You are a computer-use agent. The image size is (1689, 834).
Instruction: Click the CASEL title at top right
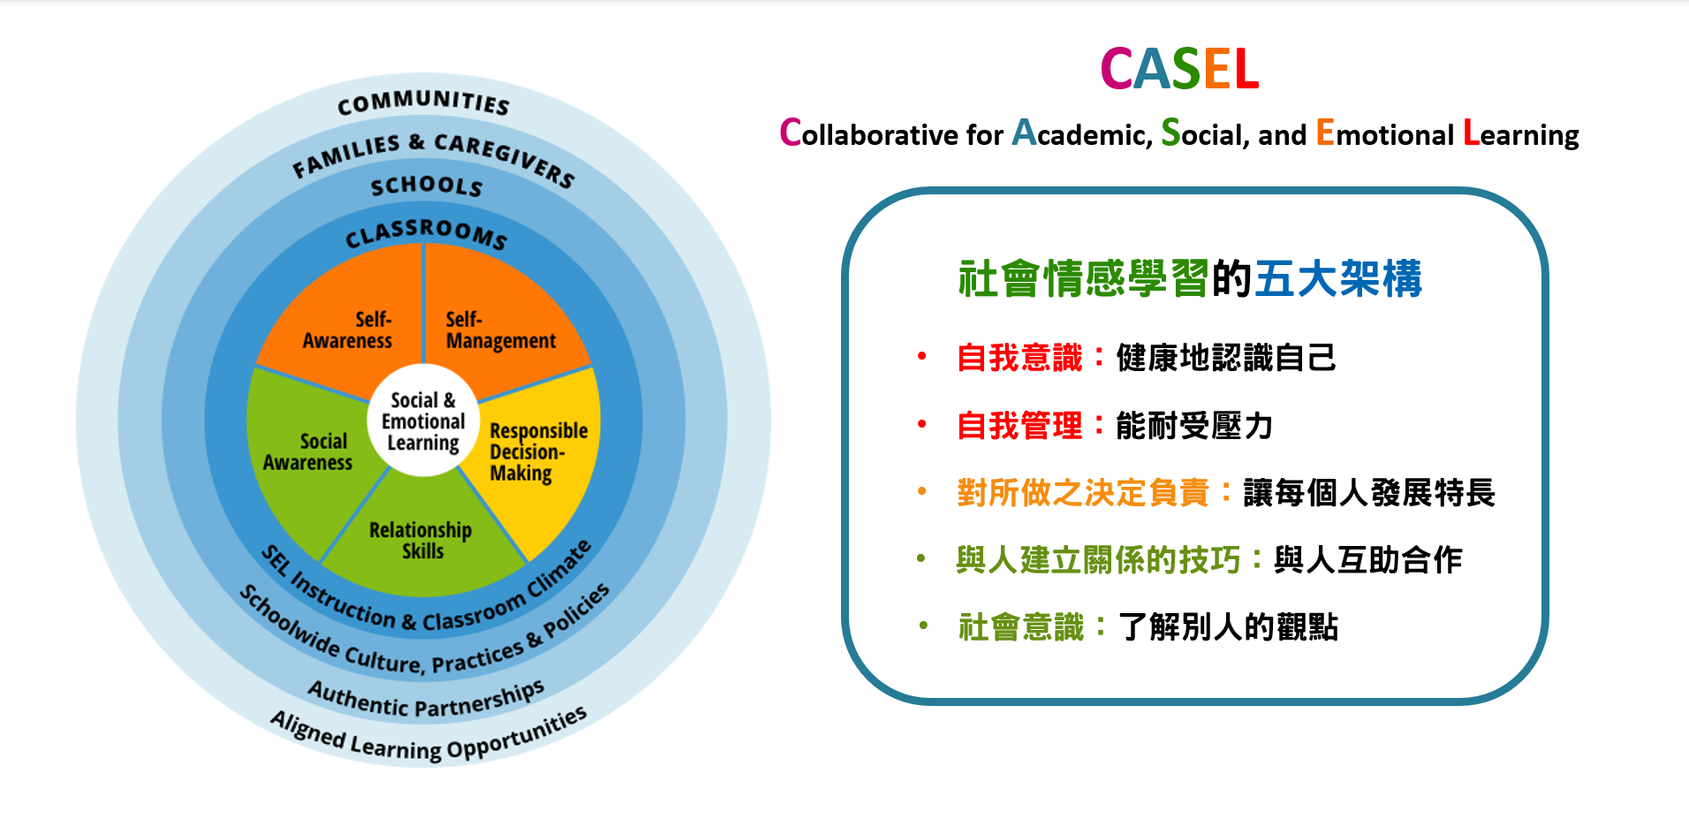(1179, 69)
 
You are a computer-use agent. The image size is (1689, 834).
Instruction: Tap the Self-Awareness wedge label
(347, 330)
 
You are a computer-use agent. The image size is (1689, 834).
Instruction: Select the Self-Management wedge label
(501, 330)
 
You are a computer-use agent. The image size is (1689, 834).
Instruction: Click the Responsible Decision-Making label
(539, 452)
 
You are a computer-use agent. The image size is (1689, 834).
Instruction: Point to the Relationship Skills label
(420, 541)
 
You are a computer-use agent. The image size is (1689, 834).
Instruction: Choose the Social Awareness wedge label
(307, 451)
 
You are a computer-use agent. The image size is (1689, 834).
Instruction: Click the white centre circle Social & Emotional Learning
(423, 421)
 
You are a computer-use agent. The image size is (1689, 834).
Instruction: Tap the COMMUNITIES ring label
(423, 102)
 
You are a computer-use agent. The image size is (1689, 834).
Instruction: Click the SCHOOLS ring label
(427, 186)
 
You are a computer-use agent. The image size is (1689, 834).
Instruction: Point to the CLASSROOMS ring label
(426, 233)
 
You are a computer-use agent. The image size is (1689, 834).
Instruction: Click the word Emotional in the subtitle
(1384, 133)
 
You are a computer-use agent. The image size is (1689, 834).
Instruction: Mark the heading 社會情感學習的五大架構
(1190, 278)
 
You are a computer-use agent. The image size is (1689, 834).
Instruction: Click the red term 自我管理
(1020, 426)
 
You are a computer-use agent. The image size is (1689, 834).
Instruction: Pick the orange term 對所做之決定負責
(1083, 493)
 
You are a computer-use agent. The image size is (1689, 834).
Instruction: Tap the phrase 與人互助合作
(1368, 560)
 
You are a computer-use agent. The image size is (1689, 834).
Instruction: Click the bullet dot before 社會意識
(922, 625)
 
